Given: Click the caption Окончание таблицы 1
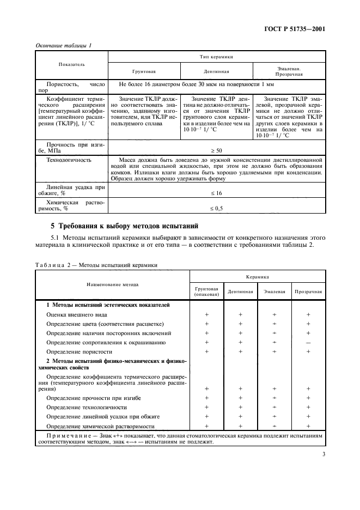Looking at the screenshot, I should click(63, 45).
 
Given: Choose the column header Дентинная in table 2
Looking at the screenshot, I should click(240, 292).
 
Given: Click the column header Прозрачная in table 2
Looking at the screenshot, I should click(308, 292).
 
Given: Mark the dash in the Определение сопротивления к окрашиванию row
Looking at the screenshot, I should click(308, 342).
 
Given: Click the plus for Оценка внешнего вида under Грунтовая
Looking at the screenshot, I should click(206, 314).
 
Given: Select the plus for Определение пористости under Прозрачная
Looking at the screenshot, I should click(308, 351).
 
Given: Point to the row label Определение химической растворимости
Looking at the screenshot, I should click(101, 426).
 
